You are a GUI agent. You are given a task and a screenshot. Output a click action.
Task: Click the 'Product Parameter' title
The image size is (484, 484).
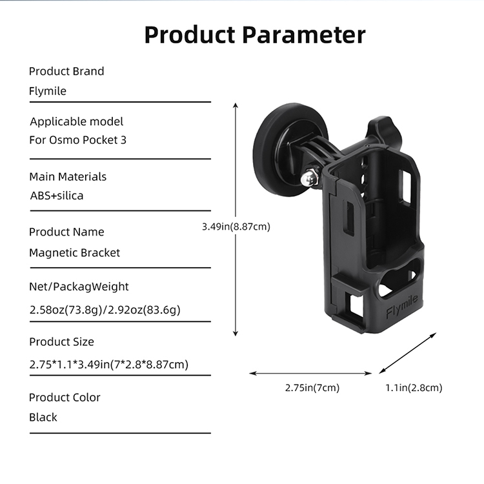coord(254,34)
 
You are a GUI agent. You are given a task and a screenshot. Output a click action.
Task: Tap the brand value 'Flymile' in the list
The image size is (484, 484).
coord(48,91)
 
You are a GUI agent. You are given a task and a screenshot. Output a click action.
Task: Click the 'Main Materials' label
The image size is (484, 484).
coord(68,176)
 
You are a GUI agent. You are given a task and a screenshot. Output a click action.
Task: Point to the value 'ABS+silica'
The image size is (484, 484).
coord(56,196)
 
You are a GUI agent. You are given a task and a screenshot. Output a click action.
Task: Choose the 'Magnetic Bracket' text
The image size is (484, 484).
coord(74,252)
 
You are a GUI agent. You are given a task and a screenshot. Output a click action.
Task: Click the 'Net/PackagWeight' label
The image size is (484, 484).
coord(79,287)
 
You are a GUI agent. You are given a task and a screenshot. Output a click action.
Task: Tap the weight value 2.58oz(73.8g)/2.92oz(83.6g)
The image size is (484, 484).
coord(105,310)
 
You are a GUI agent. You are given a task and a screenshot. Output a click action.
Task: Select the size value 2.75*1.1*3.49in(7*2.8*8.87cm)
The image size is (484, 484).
coord(108,365)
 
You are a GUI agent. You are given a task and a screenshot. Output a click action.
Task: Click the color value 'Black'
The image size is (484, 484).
coord(43,417)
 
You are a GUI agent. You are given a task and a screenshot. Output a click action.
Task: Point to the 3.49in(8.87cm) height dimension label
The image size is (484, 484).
coord(236,227)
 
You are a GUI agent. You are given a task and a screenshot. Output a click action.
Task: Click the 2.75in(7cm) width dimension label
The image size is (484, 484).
coord(312,388)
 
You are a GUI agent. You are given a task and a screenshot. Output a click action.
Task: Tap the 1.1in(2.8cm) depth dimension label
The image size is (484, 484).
coord(414,388)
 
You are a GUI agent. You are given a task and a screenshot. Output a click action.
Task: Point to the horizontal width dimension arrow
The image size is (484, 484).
coord(310,373)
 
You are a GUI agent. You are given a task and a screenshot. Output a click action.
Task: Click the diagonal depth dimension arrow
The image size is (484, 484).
coord(408,352)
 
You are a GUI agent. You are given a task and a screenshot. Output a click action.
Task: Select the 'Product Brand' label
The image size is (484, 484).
coord(66,71)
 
